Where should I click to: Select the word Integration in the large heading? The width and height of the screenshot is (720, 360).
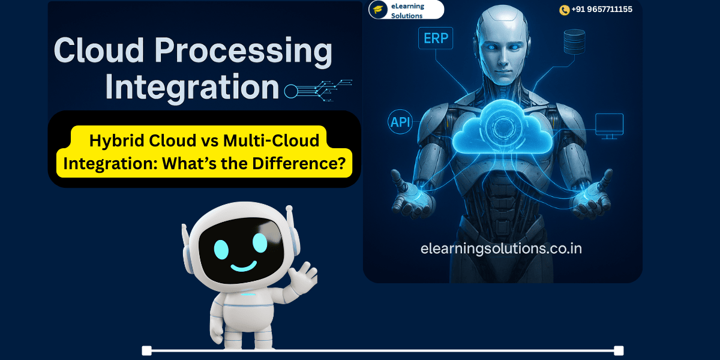192,87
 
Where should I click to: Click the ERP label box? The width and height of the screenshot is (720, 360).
436,39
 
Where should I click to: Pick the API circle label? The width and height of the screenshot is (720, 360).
400,122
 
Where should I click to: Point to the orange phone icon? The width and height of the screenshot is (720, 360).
564,10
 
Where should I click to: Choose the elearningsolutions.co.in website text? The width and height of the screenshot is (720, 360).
501,248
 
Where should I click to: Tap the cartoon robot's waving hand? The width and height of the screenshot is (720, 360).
303,277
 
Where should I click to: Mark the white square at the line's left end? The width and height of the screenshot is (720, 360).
146,350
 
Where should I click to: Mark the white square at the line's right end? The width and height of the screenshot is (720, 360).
619,350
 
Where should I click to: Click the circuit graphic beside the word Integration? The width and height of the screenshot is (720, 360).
318,90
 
